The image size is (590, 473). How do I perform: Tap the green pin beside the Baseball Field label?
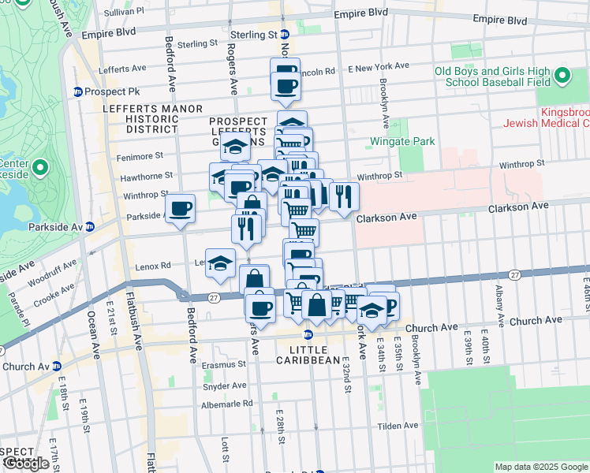[x=562, y=76]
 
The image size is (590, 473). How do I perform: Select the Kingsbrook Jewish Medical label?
[x=564, y=117]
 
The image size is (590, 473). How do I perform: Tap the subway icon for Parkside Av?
[x=89, y=227]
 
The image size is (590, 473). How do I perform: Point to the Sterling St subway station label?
[x=253, y=35]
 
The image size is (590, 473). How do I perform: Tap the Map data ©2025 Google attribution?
[x=540, y=467]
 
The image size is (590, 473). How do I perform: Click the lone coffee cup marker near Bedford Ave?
[x=181, y=209]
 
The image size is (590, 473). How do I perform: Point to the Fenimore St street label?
[x=142, y=155]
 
